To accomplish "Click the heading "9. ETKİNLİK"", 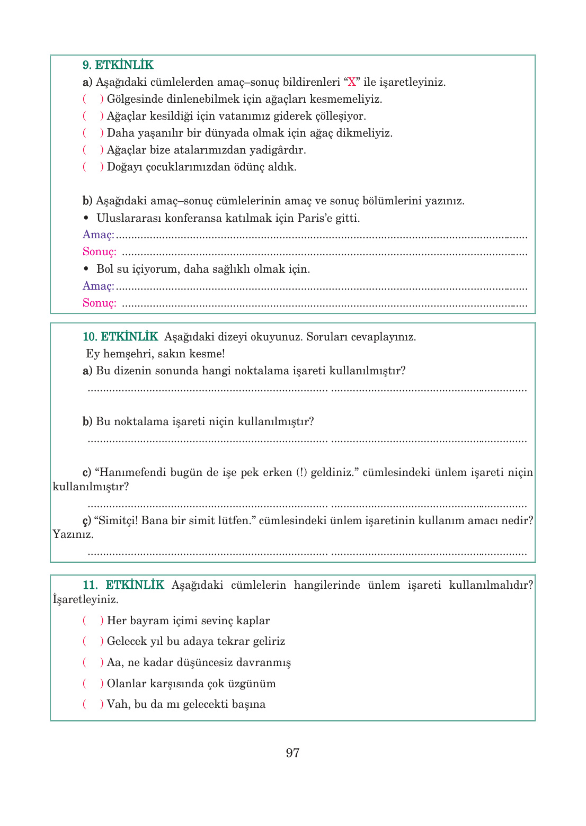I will (x=118, y=65).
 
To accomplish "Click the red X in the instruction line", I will (x=352, y=82).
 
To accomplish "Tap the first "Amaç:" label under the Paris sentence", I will (x=99, y=235).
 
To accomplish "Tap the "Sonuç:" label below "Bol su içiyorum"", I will (x=100, y=303).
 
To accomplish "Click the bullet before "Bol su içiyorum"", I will (x=86, y=269).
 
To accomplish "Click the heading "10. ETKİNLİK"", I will (x=120, y=337).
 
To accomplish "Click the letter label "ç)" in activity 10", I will (x=87, y=521).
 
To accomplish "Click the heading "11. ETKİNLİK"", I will (x=123, y=585).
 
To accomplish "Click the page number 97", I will (x=292, y=753).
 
